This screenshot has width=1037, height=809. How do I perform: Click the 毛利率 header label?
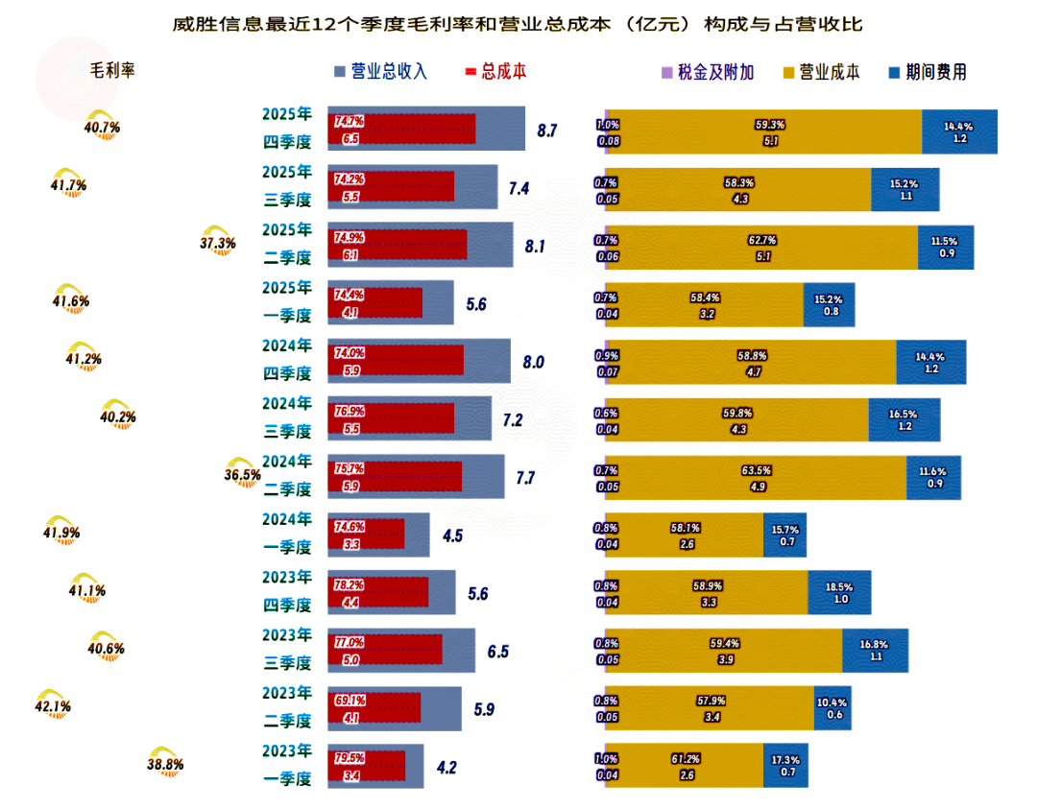112,72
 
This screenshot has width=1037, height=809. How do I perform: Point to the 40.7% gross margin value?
102,127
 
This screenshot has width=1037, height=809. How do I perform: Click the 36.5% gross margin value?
243,474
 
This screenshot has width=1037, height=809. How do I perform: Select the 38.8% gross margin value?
165,764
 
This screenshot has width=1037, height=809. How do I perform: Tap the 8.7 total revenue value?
547,130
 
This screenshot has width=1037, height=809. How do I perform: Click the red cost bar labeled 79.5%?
367,766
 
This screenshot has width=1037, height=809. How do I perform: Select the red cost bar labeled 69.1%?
374,708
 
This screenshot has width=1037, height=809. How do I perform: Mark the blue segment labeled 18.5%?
839,592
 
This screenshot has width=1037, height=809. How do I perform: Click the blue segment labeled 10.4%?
832,708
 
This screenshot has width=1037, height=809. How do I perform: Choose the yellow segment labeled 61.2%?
685,766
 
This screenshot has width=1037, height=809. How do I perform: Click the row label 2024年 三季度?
287,417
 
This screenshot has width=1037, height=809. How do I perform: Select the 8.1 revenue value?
535,246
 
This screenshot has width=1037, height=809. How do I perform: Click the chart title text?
518,23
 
